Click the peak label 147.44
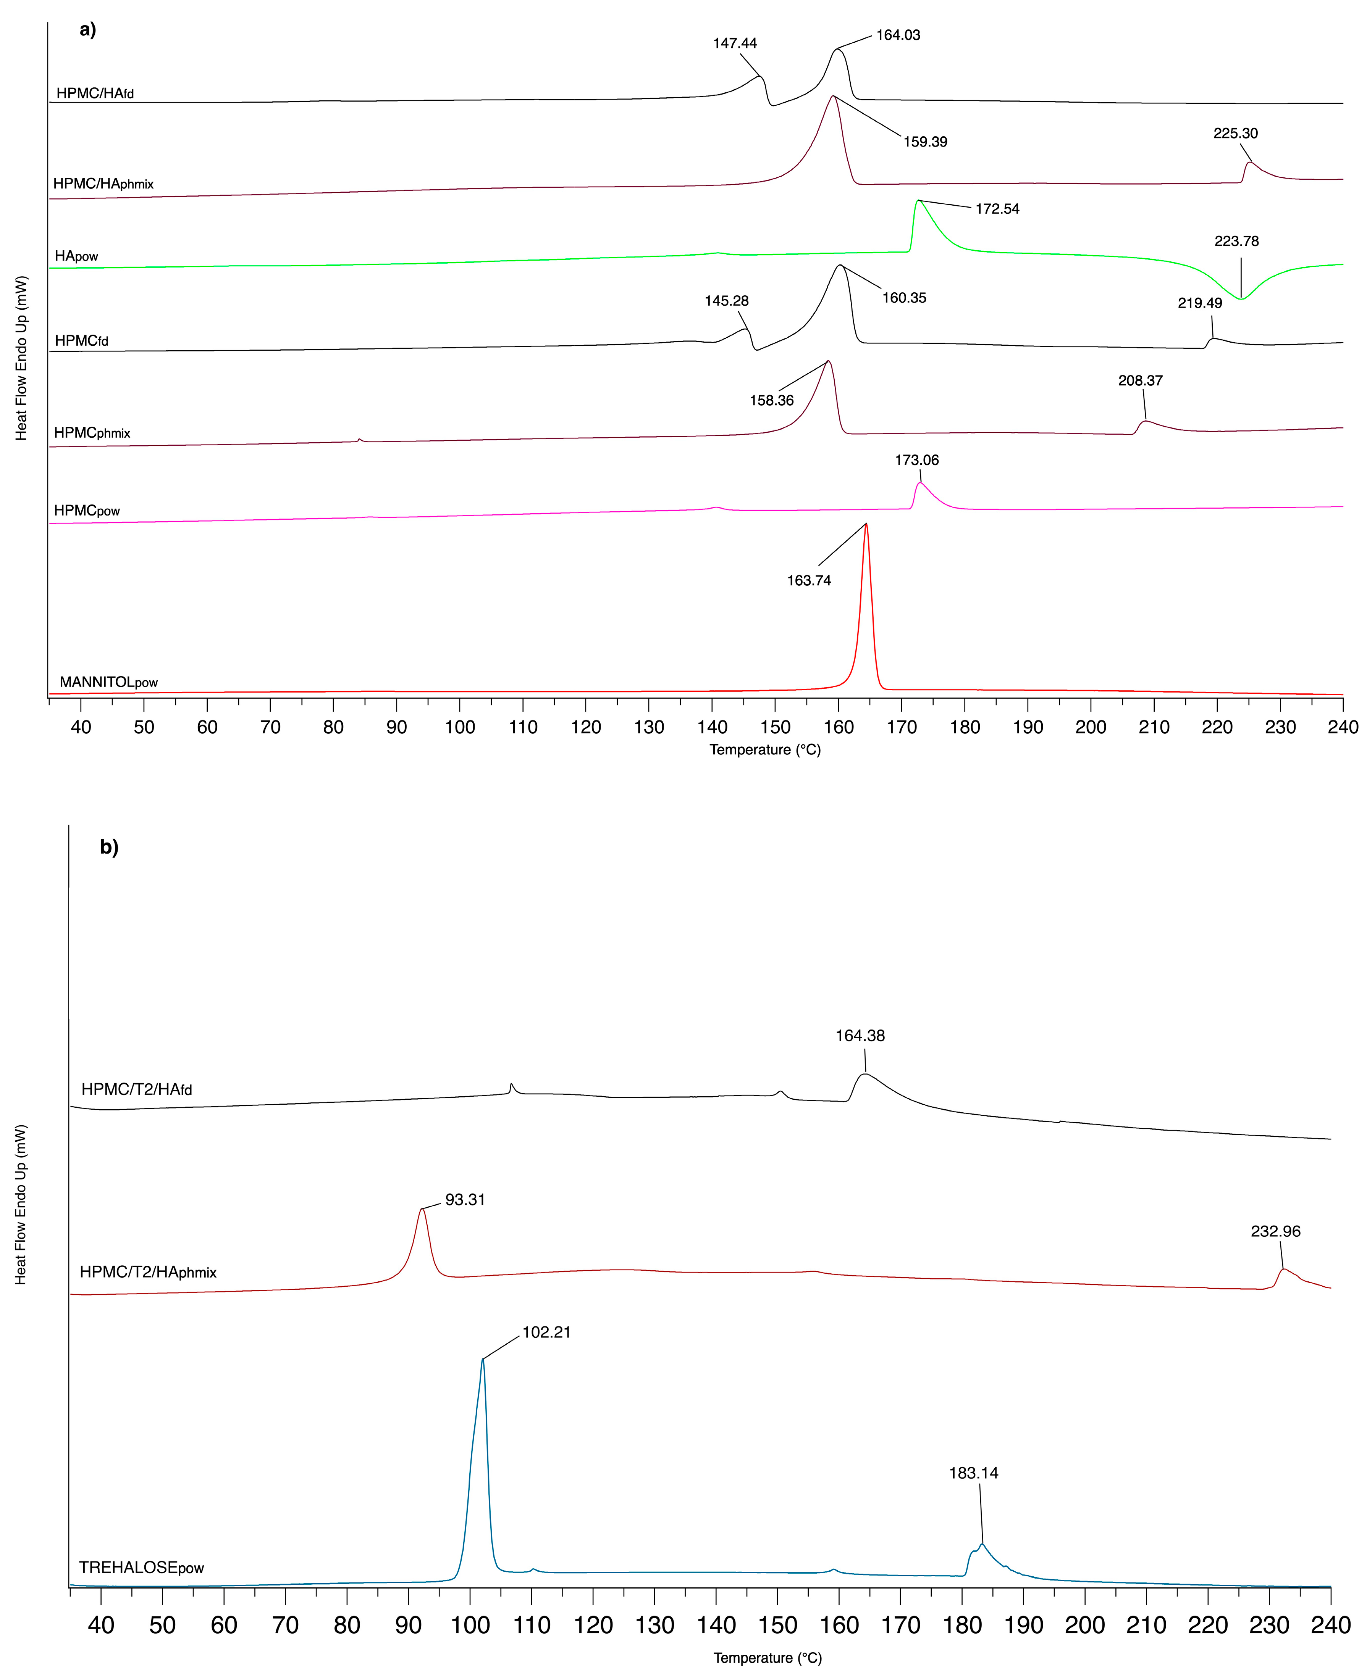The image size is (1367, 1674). tap(735, 43)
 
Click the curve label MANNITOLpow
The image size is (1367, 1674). tap(109, 682)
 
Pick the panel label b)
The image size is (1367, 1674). tap(109, 847)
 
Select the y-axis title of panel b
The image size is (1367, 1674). tap(21, 1204)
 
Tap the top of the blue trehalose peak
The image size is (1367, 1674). tap(483, 1359)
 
